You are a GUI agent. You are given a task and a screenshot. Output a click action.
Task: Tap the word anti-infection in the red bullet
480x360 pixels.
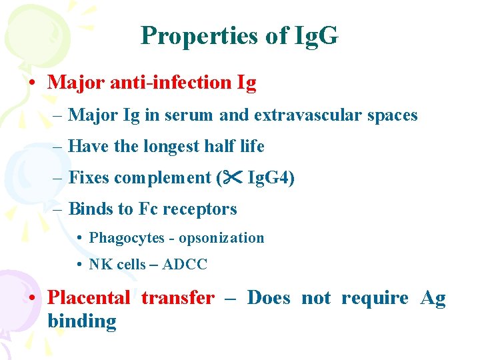[166, 83]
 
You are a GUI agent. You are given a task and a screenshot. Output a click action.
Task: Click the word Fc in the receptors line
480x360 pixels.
[148, 209]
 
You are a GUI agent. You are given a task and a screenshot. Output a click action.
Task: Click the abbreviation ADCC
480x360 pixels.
[185, 265]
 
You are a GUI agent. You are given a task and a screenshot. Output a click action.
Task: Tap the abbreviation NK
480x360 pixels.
[101, 265]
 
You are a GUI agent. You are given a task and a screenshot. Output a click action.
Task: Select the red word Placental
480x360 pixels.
[88, 298]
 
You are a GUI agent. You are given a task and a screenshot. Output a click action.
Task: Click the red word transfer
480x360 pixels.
[177, 298]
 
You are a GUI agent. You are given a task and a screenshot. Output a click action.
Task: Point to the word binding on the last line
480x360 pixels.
[81, 321]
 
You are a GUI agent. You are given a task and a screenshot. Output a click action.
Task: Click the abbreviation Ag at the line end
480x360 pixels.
[433, 298]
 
